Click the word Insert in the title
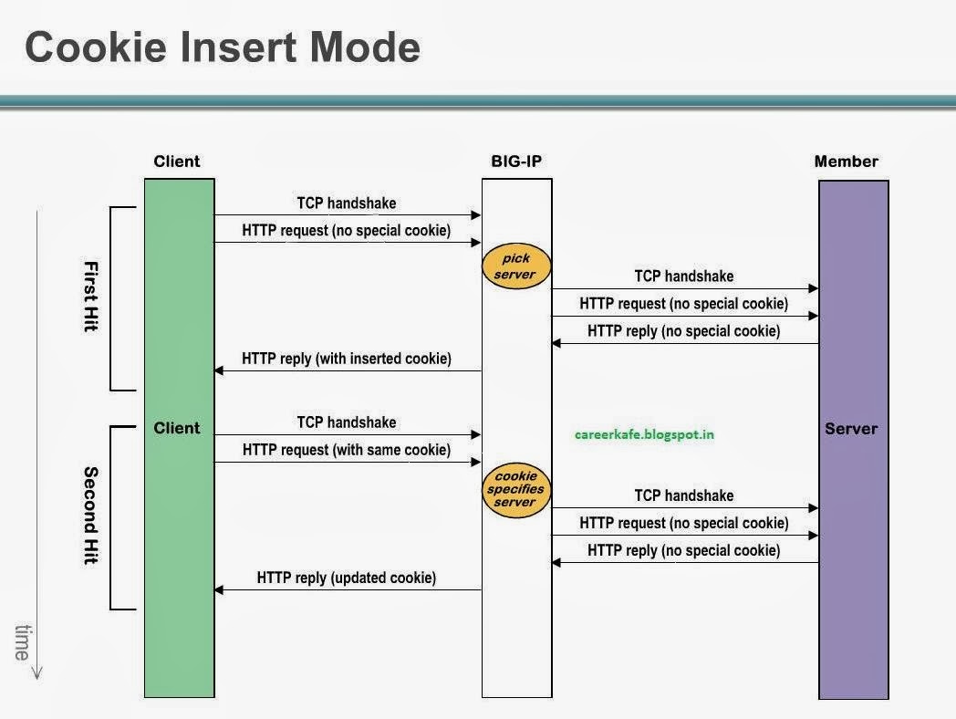[x=227, y=47]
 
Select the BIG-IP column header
[x=516, y=162]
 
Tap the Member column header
[x=846, y=162]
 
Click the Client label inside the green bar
[x=177, y=428]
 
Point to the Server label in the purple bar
[x=851, y=428]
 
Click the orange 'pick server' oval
[x=515, y=266]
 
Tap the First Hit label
[x=90, y=297]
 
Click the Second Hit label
[x=90, y=516]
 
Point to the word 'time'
[x=22, y=641]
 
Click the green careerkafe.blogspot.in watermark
[x=644, y=434]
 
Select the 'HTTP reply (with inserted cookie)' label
[x=347, y=359]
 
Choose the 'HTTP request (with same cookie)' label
[x=347, y=450]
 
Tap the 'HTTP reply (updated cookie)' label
[x=347, y=578]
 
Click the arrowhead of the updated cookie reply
[x=219, y=590]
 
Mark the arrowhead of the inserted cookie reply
[x=219, y=370]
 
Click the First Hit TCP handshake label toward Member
[x=684, y=276]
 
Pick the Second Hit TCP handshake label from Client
[x=347, y=422]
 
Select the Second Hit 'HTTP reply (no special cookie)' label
[x=684, y=550]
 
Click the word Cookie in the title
[x=88, y=47]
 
